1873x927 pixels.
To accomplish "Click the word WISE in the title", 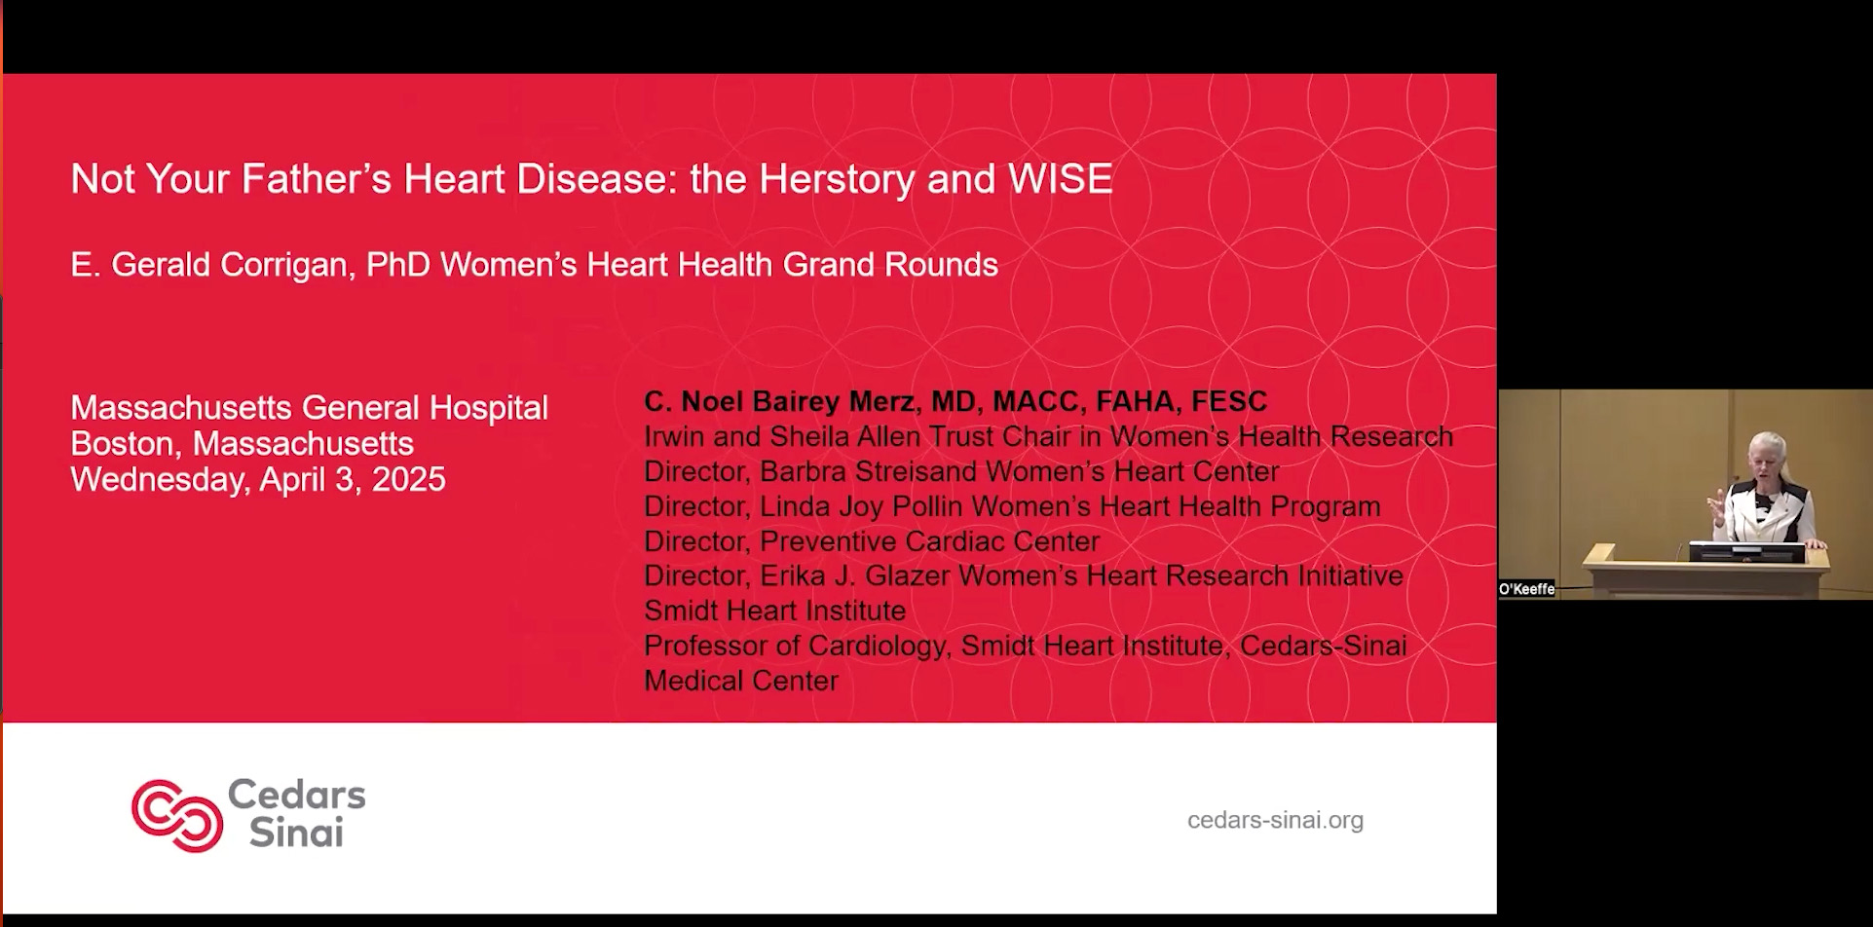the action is (1060, 179).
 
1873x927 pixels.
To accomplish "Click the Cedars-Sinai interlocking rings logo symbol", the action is (177, 816).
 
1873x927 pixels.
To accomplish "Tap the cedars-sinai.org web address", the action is (1275, 820).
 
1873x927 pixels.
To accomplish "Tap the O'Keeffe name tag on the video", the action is (1526, 589).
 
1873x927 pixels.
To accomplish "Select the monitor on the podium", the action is (1745, 552).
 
